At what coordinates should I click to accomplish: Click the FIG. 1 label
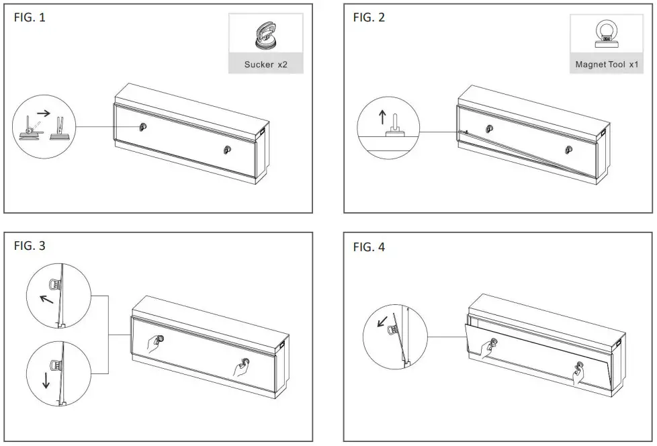click(x=30, y=18)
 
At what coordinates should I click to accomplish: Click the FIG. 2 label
click(x=369, y=18)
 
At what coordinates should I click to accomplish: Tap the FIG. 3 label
click(x=30, y=247)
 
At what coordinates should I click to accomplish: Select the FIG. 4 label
click(x=369, y=247)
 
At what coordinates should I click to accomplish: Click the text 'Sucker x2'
click(x=265, y=64)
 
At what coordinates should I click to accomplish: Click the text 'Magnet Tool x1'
click(x=607, y=65)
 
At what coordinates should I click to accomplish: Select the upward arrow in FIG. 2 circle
click(x=382, y=118)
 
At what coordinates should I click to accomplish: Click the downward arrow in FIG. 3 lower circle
click(x=46, y=381)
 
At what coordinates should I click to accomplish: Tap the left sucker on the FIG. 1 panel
click(x=142, y=127)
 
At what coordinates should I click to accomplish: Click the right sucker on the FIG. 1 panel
click(x=227, y=150)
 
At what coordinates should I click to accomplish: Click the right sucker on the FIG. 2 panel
click(x=568, y=149)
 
